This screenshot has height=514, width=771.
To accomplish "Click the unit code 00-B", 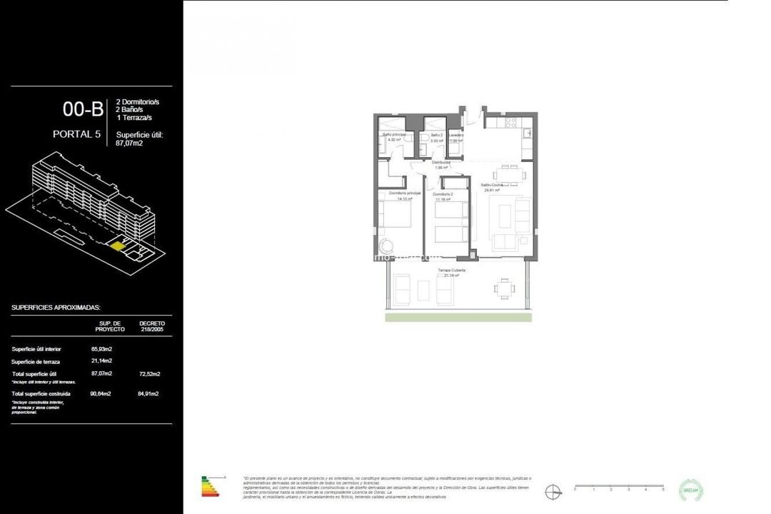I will tap(84, 109).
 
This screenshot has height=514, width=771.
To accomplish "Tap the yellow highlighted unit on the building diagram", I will tap(116, 246).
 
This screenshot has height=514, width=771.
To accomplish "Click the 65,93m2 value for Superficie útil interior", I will tap(101, 349).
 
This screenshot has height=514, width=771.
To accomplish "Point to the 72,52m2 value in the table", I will tap(148, 374).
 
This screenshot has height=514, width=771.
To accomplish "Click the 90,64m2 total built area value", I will tap(101, 393).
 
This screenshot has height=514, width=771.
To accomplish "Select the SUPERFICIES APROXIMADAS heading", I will tap(56, 307).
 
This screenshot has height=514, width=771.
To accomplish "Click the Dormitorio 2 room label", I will tap(443, 195).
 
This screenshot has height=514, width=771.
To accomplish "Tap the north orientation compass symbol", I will tap(552, 490).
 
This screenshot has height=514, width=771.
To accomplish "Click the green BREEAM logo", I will tap(692, 490).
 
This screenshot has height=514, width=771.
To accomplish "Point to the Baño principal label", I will tap(394, 134).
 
